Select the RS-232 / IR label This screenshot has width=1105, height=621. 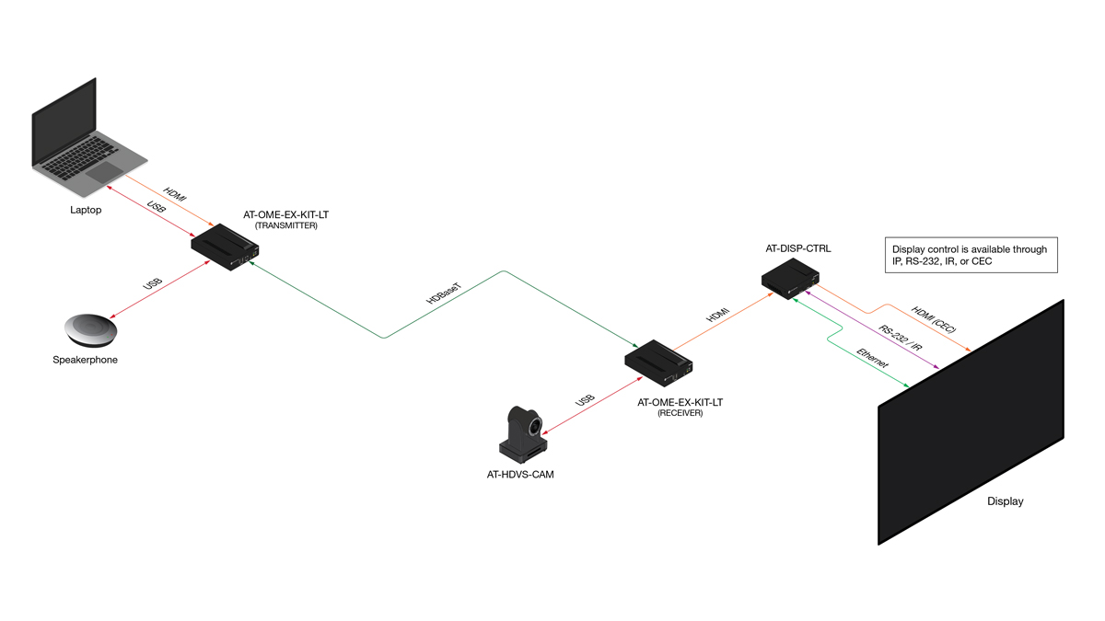tap(901, 337)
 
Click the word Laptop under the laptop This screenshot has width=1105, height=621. tap(86, 210)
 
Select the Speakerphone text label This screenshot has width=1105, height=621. tap(86, 360)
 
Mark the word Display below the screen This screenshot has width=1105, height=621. tap(1005, 501)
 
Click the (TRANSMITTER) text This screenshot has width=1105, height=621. tap(285, 225)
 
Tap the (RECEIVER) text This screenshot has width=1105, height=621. tap(680, 414)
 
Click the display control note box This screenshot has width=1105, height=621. tap(971, 255)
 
